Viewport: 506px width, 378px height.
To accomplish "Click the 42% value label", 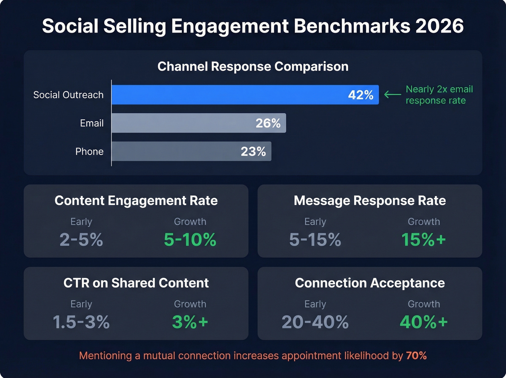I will coord(360,95).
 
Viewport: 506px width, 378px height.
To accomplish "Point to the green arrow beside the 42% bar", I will coord(392,95).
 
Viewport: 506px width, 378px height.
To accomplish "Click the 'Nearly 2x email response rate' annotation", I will coord(439,95).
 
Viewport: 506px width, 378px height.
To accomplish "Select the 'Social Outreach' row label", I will coord(68,95).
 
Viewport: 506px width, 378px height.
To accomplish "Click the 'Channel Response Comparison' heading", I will coord(253,67).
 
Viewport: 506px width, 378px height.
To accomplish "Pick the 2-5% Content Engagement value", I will coord(81,239).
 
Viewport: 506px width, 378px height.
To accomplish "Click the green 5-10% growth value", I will coord(190,239).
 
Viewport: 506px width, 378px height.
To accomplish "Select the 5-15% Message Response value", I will coord(315,239).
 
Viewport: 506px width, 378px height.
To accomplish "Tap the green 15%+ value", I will coord(424,239).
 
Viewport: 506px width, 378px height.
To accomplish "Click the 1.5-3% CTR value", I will coord(81,322).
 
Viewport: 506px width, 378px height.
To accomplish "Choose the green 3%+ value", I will coord(190,322).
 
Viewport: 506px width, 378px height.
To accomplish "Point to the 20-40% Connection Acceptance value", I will coord(315,322).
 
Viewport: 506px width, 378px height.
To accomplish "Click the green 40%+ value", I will coord(424,322).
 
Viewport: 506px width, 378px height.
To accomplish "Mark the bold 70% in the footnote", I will coord(416,356).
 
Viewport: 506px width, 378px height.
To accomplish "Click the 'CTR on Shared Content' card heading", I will coord(136,283).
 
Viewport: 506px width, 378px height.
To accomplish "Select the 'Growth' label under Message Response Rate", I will coord(424,221).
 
